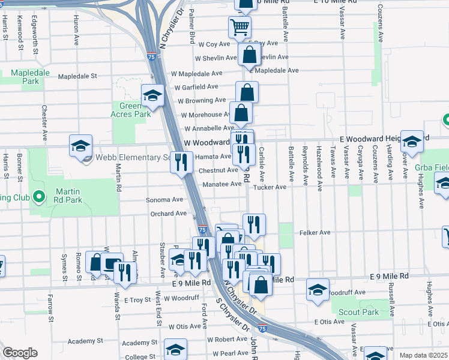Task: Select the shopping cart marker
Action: [x=240, y=26]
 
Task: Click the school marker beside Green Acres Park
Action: [x=152, y=95]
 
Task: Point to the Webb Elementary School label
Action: [x=131, y=158]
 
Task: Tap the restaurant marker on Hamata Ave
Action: [x=182, y=161]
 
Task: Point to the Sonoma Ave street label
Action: [x=164, y=200]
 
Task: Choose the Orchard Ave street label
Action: [x=169, y=214]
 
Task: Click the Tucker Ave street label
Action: [x=270, y=187]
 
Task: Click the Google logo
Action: [x=20, y=353]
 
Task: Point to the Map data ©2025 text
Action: [x=423, y=355]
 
